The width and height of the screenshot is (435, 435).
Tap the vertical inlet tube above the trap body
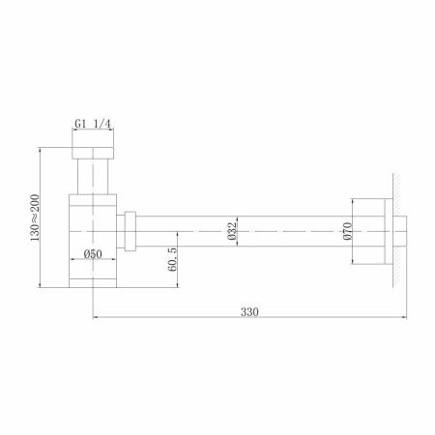[93, 179]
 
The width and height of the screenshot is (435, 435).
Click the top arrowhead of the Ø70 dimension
[354, 200]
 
